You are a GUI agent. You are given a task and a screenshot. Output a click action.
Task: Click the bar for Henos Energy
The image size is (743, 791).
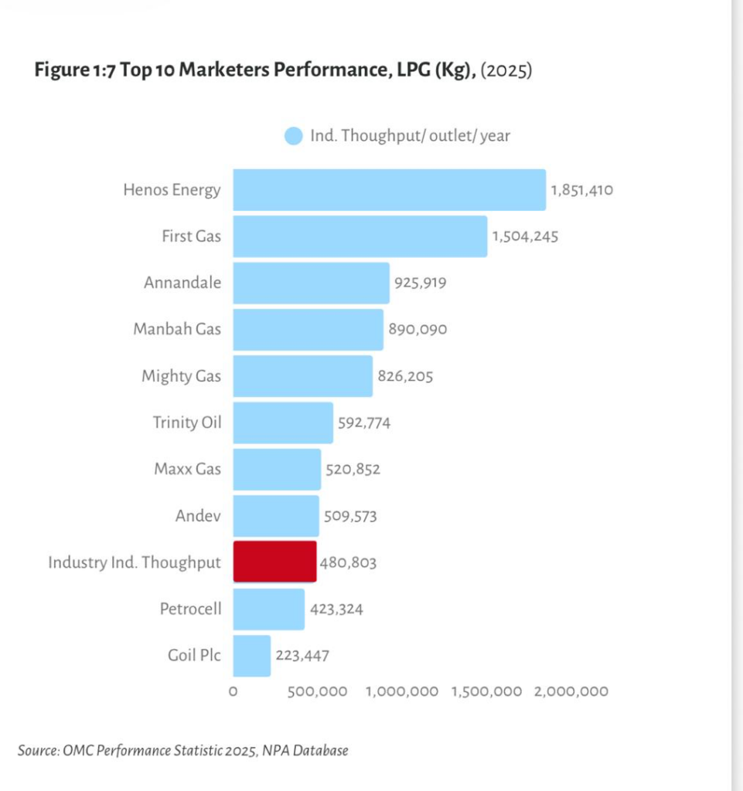389,190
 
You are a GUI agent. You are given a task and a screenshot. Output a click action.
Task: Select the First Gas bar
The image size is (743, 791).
360,236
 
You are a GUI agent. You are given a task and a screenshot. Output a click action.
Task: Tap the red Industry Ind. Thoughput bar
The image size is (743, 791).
274,562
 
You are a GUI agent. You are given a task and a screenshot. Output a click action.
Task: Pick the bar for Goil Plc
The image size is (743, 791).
251,656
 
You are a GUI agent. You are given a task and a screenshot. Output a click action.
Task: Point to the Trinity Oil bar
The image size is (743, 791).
283,423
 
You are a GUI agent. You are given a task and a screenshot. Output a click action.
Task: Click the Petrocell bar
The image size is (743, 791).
268,609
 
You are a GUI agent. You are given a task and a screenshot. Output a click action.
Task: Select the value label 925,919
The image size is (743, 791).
420,283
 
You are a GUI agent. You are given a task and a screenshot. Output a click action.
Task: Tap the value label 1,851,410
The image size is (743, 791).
581,190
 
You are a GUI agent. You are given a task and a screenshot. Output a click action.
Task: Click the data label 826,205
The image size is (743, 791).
405,376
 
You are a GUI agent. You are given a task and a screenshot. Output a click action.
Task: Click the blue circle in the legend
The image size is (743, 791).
293,136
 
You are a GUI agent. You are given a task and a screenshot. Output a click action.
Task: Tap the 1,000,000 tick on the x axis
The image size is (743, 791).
401,691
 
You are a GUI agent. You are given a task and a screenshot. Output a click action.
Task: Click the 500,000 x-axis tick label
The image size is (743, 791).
317,691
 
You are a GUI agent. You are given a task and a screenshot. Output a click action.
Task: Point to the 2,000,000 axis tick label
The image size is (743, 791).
571,691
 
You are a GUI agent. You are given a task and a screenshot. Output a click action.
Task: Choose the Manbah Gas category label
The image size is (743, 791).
176,329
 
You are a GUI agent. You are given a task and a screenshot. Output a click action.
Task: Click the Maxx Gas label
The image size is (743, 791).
187,469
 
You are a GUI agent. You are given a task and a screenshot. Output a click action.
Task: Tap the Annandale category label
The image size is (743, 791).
182,283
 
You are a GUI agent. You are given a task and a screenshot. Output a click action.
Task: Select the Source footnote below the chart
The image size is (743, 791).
182,750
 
